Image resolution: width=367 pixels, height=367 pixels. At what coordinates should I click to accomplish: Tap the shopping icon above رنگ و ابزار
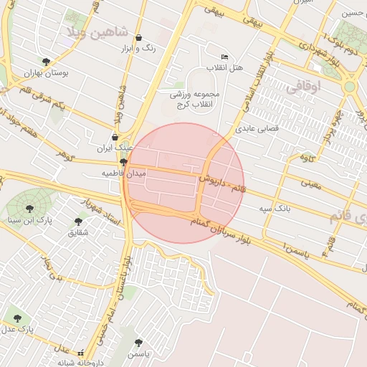point(138,38)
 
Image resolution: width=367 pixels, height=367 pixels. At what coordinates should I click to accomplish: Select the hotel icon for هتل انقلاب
point(224,57)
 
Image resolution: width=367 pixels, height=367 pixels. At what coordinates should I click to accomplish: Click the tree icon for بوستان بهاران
point(47,62)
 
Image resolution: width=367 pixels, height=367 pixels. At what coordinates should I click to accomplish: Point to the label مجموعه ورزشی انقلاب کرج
point(194,98)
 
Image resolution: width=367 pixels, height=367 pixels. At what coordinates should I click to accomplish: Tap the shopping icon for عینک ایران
point(115,137)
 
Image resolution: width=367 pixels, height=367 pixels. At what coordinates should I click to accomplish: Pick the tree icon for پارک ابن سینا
point(29,209)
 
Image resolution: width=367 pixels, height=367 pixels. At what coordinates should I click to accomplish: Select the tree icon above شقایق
point(78,222)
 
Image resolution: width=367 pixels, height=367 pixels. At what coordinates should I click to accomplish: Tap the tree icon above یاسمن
point(138,343)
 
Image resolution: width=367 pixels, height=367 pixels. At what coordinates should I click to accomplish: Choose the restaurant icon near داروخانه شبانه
point(80,353)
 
